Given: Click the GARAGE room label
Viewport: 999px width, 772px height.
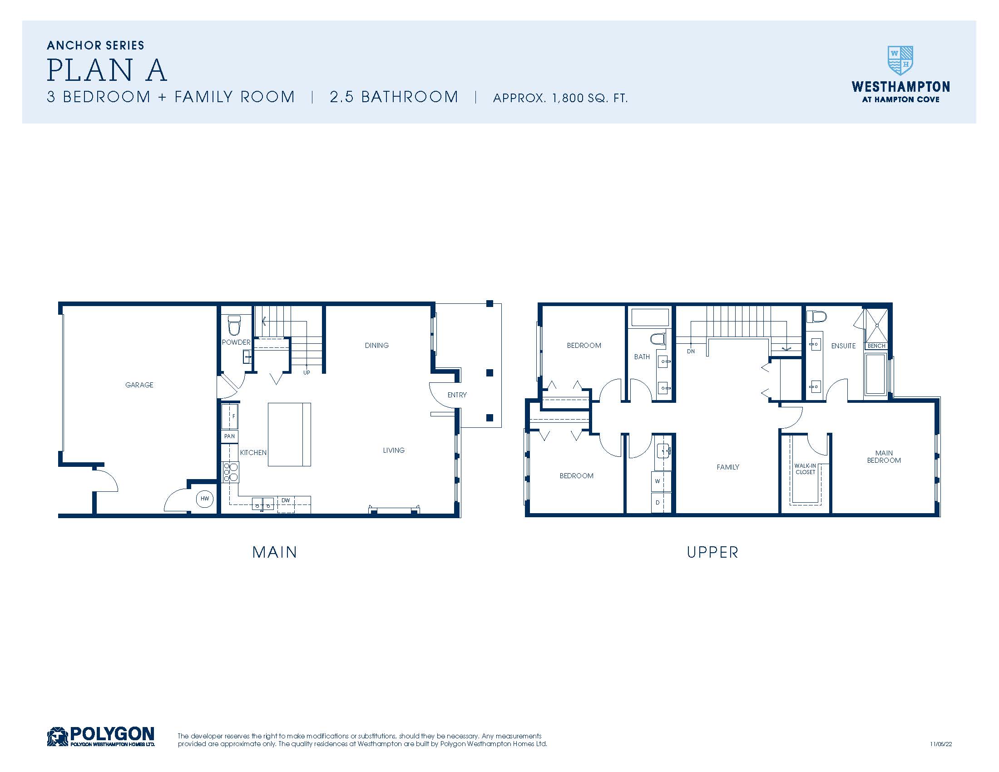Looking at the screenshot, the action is pyautogui.click(x=139, y=385).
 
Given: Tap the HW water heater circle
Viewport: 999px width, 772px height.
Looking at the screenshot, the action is pyautogui.click(x=204, y=499).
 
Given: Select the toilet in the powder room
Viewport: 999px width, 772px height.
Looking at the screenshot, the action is pyautogui.click(x=234, y=325).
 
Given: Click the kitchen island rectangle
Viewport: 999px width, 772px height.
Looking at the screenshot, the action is pyautogui.click(x=289, y=434).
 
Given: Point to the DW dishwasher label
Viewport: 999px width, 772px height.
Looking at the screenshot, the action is pyautogui.click(x=286, y=500).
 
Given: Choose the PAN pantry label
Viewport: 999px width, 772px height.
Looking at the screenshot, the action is pyautogui.click(x=229, y=436).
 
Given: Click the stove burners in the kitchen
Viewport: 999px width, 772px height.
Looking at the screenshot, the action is pyautogui.click(x=230, y=472).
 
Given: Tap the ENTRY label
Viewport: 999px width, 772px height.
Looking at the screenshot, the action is pyautogui.click(x=457, y=395).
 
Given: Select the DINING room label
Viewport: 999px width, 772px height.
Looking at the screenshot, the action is pyautogui.click(x=377, y=346).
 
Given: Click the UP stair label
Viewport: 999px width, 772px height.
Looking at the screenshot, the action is pyautogui.click(x=307, y=373).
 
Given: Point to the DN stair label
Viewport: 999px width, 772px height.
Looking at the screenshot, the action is pyautogui.click(x=691, y=351).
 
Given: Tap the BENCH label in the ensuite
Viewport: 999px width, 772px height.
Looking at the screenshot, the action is pyautogui.click(x=876, y=346).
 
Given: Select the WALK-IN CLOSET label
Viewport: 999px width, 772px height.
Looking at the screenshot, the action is pyautogui.click(x=805, y=469).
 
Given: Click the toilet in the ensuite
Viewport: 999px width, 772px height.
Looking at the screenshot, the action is pyautogui.click(x=816, y=317).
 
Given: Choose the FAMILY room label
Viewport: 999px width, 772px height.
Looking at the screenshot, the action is pyautogui.click(x=728, y=467).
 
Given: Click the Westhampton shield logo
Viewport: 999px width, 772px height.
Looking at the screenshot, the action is pyautogui.click(x=900, y=60).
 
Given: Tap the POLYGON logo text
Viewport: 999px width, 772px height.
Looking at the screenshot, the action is pyautogui.click(x=112, y=734).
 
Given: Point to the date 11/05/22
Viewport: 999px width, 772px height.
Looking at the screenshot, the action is pyautogui.click(x=941, y=744).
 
